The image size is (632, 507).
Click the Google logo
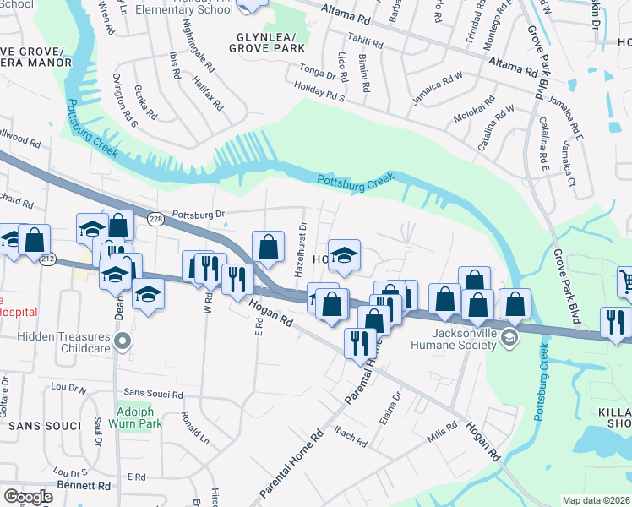(x=28, y=496)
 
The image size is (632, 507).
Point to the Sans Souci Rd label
(x=153, y=394)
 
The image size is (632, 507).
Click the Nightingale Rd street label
(x=195, y=45)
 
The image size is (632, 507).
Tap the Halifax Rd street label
(x=207, y=90)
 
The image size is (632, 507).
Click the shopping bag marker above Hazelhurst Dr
(x=268, y=247)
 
